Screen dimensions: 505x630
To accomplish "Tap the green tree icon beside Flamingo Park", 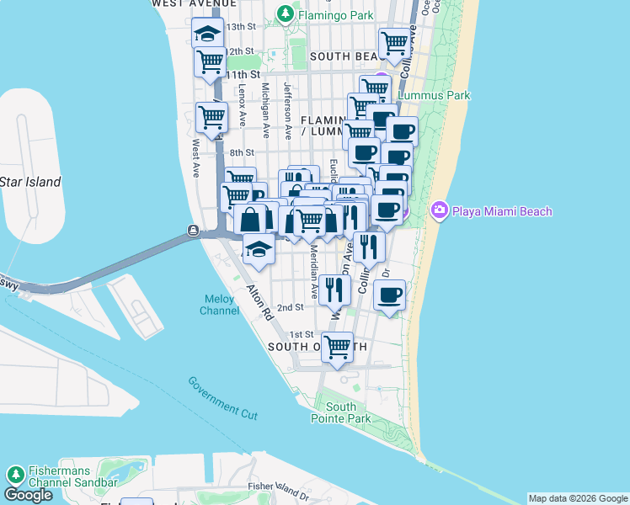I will tap(286, 13).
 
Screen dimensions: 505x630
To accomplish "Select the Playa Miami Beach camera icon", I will tap(438, 210).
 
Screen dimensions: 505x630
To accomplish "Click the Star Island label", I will tap(30, 182).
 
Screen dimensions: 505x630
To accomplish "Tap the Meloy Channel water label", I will tap(220, 305).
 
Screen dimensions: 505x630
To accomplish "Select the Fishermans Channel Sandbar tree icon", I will tap(14, 476).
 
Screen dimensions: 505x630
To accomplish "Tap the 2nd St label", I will tap(290, 307).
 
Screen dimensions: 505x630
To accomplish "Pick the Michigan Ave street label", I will tap(266, 110).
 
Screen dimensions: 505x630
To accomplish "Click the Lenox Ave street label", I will tap(243, 99).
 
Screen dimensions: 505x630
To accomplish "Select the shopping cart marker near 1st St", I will tap(338, 346).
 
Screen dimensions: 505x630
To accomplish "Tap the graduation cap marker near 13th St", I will tap(207, 34).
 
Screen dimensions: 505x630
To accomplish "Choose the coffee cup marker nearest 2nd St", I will tap(389, 295).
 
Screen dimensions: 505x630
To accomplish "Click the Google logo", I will tap(28, 495).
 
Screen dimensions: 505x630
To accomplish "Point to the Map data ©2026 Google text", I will tap(578, 498).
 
